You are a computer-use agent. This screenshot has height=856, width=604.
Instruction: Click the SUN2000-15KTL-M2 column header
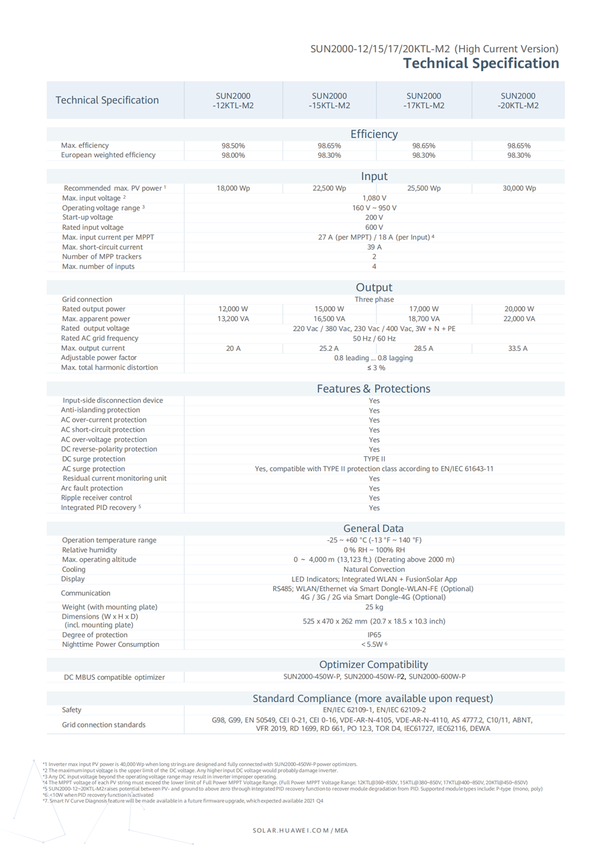click(329, 101)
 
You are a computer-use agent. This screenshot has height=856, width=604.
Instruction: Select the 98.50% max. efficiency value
click(234, 146)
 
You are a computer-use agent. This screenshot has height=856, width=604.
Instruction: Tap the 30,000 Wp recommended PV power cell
click(519, 188)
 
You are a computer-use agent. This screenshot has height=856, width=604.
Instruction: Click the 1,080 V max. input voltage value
click(374, 198)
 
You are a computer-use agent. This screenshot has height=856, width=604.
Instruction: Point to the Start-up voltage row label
click(88, 218)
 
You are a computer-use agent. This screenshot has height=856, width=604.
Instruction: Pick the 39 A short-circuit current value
click(374, 247)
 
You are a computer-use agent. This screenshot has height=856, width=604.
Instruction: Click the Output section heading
click(374, 288)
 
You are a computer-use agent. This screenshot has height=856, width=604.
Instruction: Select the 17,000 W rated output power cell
click(424, 309)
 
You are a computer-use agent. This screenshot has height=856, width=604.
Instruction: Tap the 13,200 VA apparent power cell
click(234, 319)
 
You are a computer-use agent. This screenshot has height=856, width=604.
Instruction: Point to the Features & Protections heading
click(374, 389)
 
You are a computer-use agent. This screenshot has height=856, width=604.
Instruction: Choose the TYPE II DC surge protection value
click(374, 459)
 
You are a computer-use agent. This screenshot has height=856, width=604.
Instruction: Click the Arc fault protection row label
click(92, 488)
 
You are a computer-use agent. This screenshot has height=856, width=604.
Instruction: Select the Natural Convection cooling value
click(374, 569)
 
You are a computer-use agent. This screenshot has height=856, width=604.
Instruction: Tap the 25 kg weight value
click(374, 607)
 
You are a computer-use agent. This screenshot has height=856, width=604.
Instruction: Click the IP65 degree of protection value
click(374, 635)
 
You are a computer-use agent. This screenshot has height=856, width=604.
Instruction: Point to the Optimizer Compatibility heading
click(374, 665)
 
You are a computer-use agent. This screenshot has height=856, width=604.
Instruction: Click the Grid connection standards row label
click(103, 725)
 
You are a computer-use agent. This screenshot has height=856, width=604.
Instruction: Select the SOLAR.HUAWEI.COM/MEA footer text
click(301, 830)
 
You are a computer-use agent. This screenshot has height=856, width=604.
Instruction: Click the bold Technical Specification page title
click(481, 63)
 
